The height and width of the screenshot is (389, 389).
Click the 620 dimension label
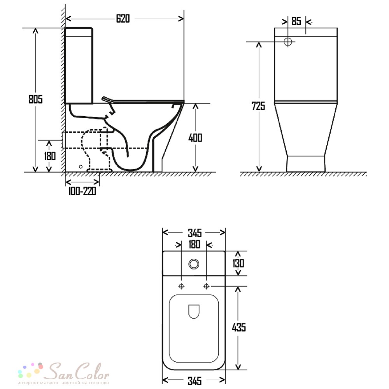coord(123,19)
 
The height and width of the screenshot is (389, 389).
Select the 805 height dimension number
coord(35,99)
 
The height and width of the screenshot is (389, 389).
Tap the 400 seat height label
coord(195,138)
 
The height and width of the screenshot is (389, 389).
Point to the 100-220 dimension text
coord(82,191)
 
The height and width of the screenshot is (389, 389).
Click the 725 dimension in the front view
coord(258,106)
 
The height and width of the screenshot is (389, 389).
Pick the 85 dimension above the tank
coord(296,21)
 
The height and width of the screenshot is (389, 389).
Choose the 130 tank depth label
coord(238,263)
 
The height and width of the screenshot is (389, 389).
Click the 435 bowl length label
coord(239,328)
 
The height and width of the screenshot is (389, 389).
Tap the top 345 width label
coord(195,233)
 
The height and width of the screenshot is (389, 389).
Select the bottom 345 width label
coord(195,381)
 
